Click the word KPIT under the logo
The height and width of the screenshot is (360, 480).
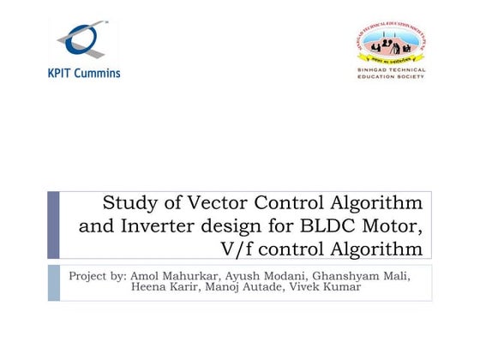[x=63, y=73]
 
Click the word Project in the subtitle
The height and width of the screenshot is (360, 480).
[x=89, y=276]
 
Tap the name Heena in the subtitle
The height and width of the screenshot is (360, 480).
[x=149, y=286]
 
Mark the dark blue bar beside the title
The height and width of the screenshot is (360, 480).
[x=54, y=225]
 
